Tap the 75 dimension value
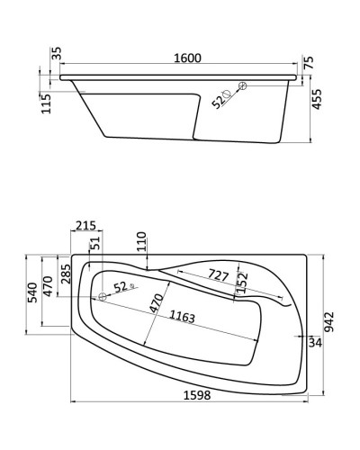[x=309, y=63]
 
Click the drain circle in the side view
[x=241, y=86]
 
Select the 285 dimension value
[x=66, y=274]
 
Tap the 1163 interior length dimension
[x=184, y=318]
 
